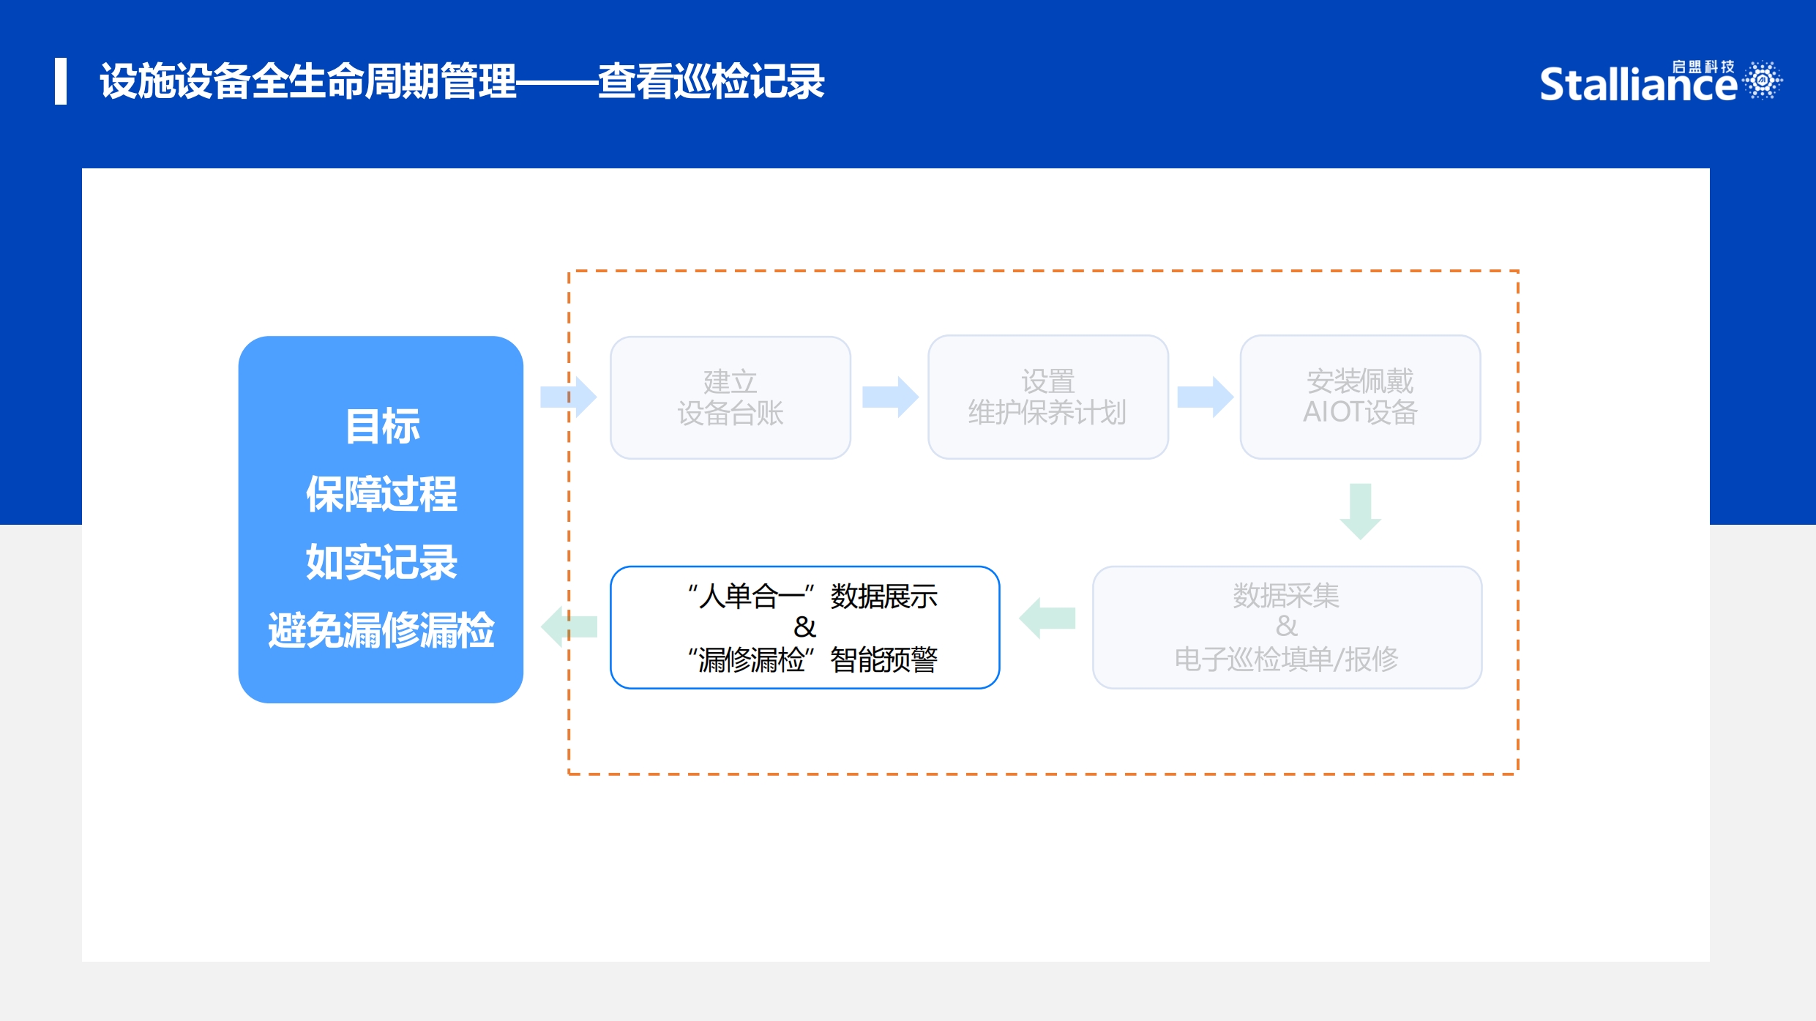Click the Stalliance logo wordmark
1638,83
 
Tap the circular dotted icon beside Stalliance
1763,80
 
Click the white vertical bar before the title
61,81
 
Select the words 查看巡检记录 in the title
711,81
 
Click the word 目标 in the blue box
382,426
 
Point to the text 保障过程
381,494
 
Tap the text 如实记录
381,562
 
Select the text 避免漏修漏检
381,630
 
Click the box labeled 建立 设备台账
730,397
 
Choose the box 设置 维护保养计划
1047,397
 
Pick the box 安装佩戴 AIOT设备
1360,397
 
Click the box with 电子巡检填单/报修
1287,627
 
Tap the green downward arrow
1360,512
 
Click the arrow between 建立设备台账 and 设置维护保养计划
890,397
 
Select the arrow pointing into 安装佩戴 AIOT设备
1206,397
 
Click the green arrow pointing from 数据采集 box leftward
1047,618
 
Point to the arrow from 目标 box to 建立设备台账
569,397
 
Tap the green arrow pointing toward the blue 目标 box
569,627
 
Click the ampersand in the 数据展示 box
804,627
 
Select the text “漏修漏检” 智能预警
812,659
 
